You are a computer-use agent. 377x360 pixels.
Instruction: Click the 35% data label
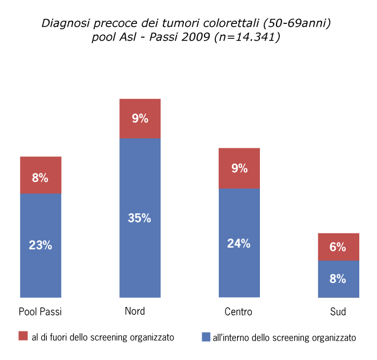tap(140, 218)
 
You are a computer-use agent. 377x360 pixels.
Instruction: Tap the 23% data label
tap(41, 245)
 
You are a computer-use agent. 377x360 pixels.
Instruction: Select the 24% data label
tap(239, 243)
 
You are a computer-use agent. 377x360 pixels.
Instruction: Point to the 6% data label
tap(338, 248)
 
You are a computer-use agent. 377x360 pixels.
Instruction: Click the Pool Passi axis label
tap(41, 312)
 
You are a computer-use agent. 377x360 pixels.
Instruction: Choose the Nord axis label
tap(135, 311)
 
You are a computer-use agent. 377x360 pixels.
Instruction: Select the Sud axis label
tap(338, 312)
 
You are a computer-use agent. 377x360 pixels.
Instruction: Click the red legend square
tap(23, 337)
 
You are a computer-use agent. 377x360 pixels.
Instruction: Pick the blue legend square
tap(206, 337)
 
